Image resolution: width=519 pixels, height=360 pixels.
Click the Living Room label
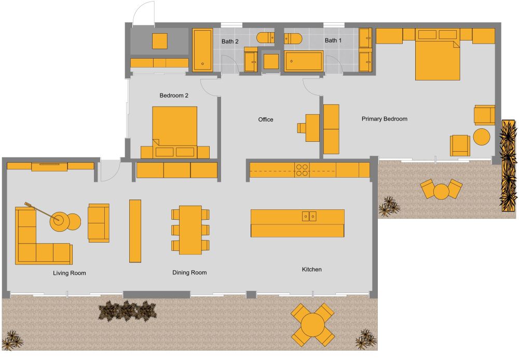click(x=69, y=273)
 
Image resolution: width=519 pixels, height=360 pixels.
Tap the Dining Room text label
click(x=189, y=272)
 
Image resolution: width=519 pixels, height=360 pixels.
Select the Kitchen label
click(x=312, y=269)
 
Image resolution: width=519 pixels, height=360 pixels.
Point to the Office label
click(x=266, y=119)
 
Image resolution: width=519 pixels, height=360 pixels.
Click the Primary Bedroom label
click(x=384, y=119)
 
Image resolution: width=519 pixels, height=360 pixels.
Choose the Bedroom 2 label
click(x=173, y=96)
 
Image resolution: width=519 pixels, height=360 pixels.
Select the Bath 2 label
click(x=229, y=41)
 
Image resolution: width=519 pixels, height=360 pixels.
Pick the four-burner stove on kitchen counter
click(x=303, y=170)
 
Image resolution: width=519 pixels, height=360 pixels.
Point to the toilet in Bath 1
click(x=293, y=38)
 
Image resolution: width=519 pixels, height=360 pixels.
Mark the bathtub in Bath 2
click(x=202, y=50)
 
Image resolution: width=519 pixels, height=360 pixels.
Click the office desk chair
click(x=302, y=128)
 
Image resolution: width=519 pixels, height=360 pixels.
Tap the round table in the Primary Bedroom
click(x=482, y=137)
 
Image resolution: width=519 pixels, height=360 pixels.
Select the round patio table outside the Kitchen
click(x=312, y=325)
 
